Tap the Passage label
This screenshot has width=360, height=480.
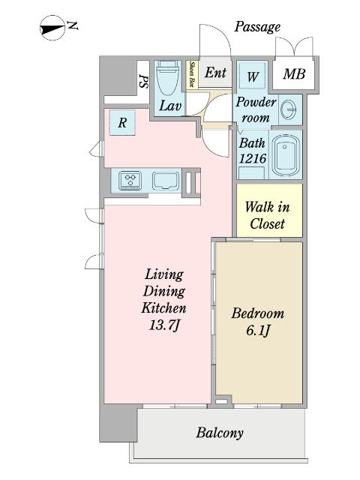pos(257,27)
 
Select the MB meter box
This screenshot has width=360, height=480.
pos(294,74)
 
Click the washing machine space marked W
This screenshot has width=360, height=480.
pos(253,76)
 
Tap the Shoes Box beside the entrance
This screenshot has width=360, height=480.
pos(193,75)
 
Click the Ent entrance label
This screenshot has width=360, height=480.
pos(215,73)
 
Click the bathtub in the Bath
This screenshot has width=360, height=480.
pos(286,155)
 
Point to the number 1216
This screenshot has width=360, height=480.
pos(253,158)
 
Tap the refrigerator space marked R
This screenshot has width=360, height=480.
pos(122,123)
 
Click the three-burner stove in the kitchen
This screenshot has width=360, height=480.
pos(130,180)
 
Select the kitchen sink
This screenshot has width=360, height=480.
pos(166,181)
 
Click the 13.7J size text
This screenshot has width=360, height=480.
pos(164,325)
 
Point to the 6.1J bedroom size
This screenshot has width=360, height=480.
pos(258,330)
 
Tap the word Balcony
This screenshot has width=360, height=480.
pos(220,433)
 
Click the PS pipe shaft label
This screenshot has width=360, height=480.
pos(143,81)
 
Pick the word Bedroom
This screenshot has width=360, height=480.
pos(258,313)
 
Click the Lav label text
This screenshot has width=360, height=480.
pos(170,106)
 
